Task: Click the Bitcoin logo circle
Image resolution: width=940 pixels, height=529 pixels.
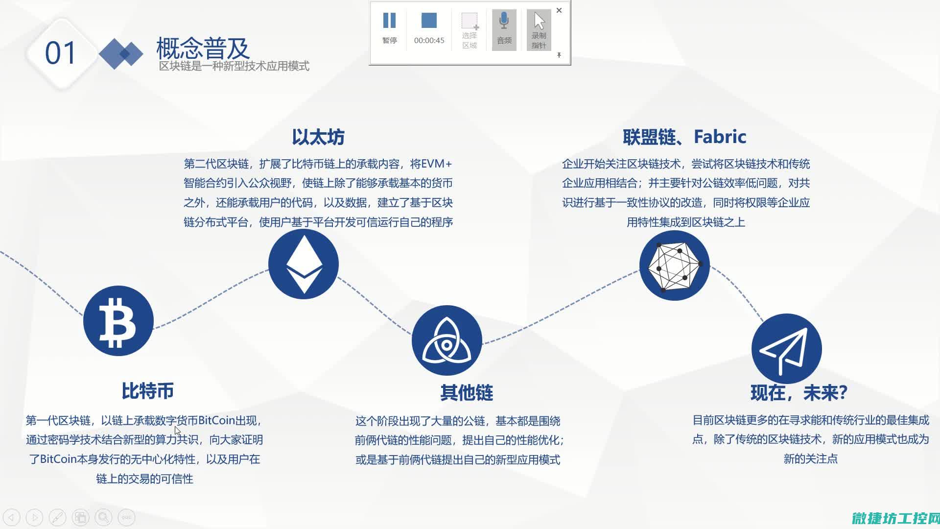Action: [118, 321]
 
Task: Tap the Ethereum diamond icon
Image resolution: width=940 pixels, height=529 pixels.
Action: [304, 264]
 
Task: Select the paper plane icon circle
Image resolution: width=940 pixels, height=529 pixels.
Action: [786, 349]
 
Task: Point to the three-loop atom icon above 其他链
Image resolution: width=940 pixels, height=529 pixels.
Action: [446, 340]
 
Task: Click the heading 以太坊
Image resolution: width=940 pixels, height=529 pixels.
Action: [318, 137]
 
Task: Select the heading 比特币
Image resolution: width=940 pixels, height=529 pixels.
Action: [147, 391]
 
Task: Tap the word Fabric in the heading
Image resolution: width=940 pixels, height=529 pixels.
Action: [720, 137]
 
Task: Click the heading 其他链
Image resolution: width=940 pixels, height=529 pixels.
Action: [467, 392]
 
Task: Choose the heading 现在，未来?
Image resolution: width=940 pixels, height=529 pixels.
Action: [799, 392]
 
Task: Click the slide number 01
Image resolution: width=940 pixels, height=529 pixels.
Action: [61, 53]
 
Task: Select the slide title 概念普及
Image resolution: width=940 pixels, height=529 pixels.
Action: [203, 48]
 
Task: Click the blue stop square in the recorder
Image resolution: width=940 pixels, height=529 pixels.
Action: [429, 21]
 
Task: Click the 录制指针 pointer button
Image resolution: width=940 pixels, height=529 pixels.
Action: [539, 30]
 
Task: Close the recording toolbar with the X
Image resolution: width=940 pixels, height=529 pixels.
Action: [559, 10]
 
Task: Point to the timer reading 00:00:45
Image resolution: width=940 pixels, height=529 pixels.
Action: [429, 41]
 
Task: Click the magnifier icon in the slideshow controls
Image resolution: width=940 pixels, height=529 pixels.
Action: [103, 517]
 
